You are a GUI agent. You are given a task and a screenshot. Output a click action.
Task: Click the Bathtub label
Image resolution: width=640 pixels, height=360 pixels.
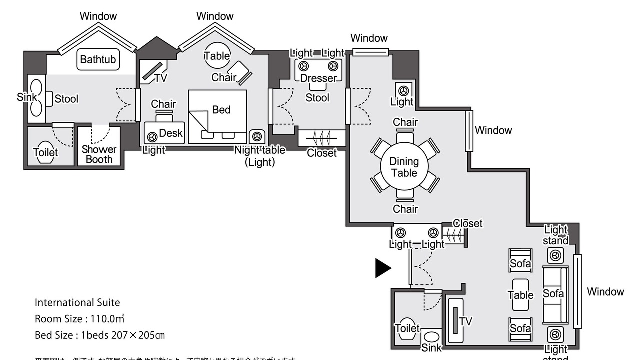tap(98, 60)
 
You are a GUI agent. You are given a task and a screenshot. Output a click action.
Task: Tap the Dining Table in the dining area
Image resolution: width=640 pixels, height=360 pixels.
tap(404, 167)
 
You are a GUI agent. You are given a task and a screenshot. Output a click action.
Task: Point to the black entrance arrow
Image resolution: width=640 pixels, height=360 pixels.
tap(383, 268)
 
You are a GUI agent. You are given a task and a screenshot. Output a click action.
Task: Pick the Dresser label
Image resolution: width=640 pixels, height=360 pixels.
tap(318, 78)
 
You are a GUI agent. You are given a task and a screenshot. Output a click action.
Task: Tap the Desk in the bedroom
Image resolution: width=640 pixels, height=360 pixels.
tap(165, 133)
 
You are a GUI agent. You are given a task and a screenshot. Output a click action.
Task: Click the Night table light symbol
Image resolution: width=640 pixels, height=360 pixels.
tap(257, 136)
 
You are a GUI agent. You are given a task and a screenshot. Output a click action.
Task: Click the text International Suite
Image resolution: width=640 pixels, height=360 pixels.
tap(77, 302)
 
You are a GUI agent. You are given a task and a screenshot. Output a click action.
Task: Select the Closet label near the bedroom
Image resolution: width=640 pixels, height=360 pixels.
tap(322, 153)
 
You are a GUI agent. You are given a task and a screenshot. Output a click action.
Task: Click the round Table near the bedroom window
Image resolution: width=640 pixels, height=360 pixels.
tap(217, 56)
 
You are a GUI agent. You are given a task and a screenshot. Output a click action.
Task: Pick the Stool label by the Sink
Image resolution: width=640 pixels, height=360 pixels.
tap(66, 99)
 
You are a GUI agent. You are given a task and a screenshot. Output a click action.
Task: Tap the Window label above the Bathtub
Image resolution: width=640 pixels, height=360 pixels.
tap(98, 16)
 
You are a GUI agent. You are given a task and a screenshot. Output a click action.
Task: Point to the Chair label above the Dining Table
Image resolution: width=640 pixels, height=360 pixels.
tap(405, 122)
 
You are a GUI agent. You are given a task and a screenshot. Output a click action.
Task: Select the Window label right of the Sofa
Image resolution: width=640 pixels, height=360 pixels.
tap(605, 292)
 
